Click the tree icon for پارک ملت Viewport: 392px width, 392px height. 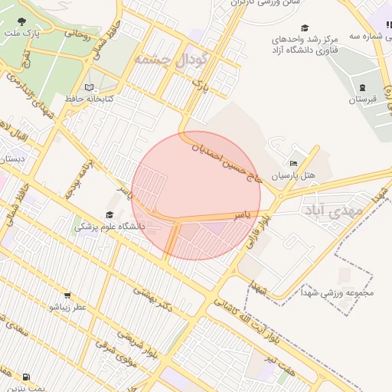tap(20, 21)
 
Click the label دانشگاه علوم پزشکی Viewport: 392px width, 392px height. tap(110, 227)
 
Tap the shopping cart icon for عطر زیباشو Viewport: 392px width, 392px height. tap(67, 296)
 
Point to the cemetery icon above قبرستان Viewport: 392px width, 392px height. tap(362, 87)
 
